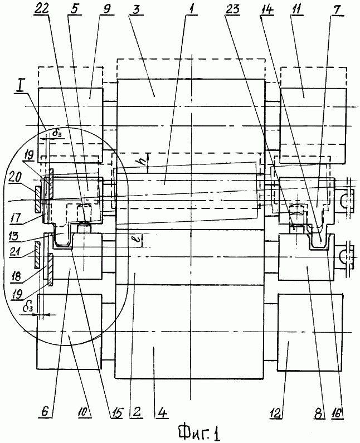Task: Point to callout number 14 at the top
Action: point(267,9)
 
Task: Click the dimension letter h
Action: point(144,162)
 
